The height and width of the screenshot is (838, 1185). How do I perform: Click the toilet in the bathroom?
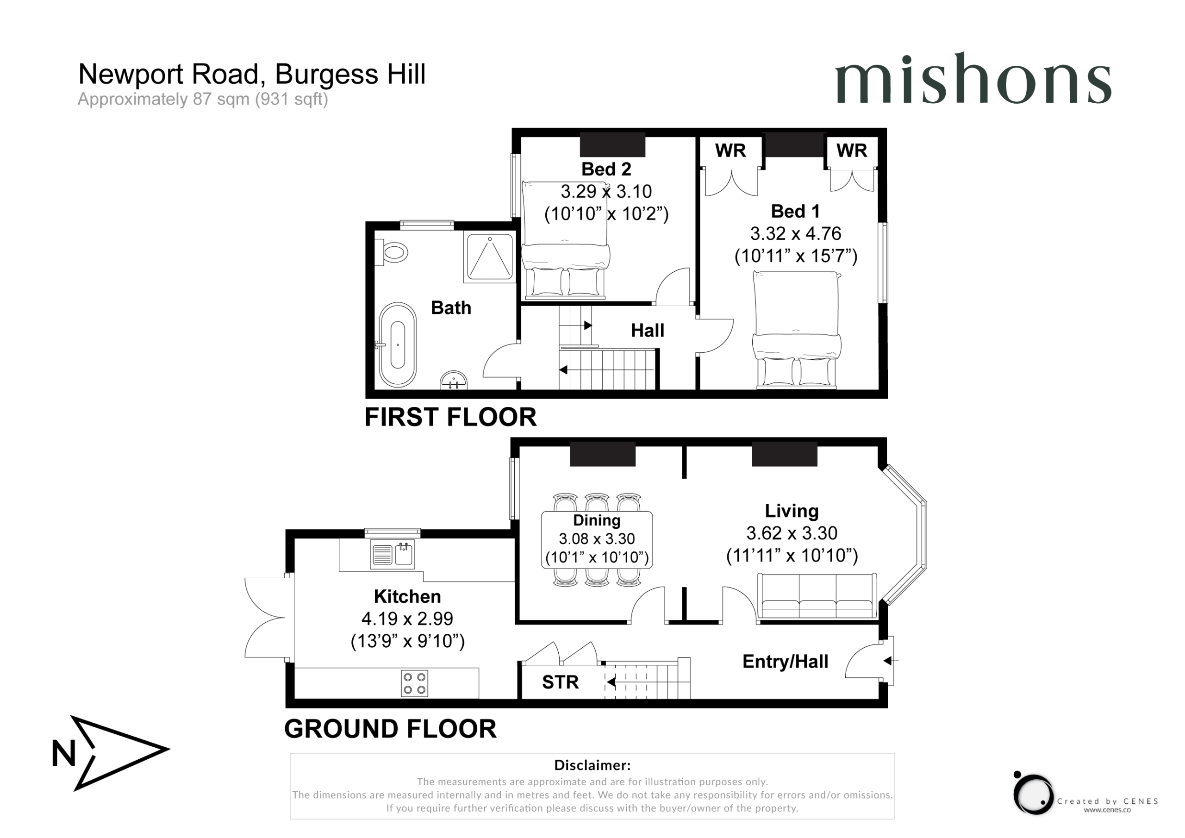[x=392, y=252]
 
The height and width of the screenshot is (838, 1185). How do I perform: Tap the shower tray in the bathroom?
[x=490, y=257]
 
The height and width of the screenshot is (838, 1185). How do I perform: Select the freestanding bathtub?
[x=398, y=344]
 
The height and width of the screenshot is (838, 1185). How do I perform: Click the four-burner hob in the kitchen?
[x=414, y=683]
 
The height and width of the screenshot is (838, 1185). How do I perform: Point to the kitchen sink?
[x=392, y=555]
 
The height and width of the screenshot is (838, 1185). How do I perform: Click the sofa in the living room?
[x=817, y=596]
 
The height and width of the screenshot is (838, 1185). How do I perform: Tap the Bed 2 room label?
[x=606, y=169]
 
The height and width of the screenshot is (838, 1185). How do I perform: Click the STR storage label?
[x=560, y=682]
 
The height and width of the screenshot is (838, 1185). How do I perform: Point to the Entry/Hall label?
[x=785, y=662]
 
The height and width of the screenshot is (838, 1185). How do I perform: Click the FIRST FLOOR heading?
[x=450, y=417]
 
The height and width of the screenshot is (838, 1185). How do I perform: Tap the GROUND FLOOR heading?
[x=390, y=729]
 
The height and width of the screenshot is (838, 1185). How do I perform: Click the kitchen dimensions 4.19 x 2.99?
[x=407, y=619]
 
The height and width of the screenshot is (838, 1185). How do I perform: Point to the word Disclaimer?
[x=592, y=765]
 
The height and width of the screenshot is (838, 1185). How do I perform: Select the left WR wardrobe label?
[x=730, y=151]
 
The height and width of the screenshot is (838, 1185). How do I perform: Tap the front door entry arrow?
[x=890, y=661]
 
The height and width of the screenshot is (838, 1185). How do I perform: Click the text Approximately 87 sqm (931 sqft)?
[x=203, y=99]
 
